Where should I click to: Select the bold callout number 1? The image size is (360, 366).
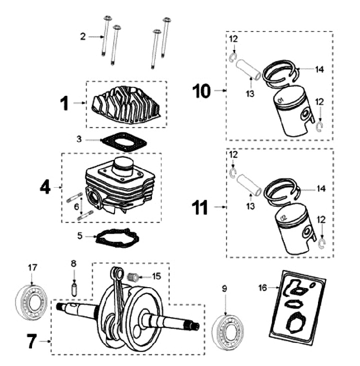(x=63, y=103)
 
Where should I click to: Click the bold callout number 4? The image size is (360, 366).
(x=45, y=187)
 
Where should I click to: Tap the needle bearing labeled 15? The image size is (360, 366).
(x=133, y=276)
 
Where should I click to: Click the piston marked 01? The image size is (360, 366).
(x=291, y=114)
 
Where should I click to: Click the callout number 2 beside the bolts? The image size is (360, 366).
(x=83, y=36)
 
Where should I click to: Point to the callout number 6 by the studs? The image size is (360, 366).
(x=76, y=206)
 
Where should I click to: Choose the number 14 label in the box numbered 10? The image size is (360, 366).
(x=319, y=70)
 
